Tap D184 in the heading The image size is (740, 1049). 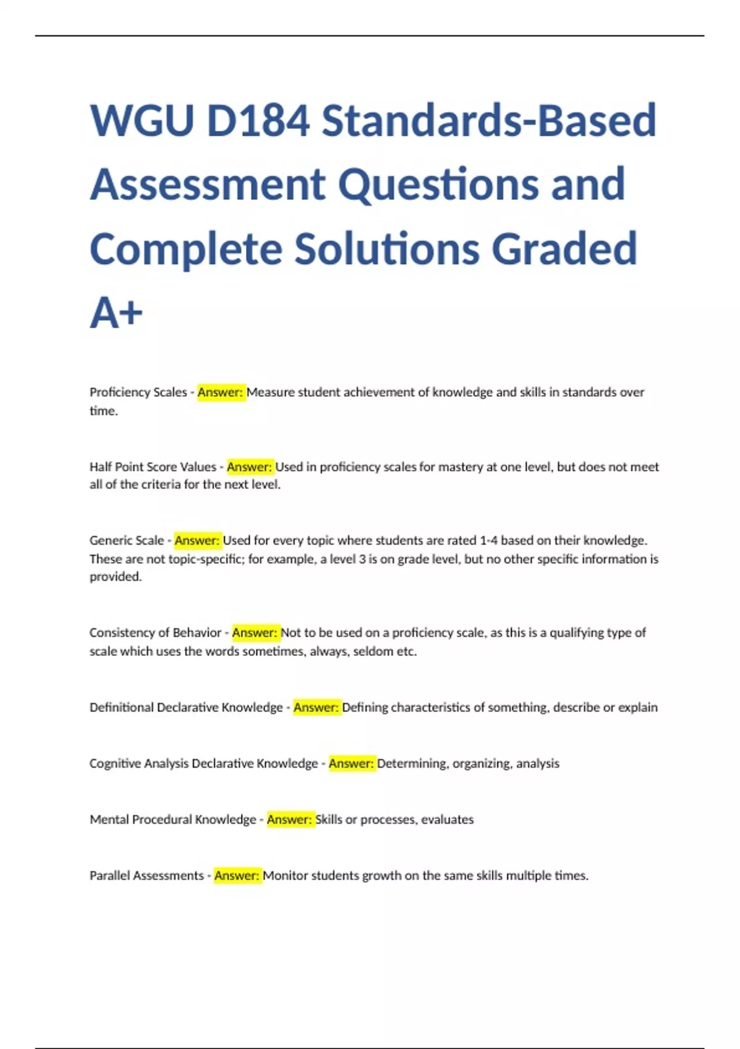258,120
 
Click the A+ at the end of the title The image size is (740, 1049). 116,313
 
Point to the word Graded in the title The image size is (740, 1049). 564,249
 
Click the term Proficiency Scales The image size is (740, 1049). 138,392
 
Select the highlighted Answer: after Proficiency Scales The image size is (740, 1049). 221,392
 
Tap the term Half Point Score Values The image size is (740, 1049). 153,467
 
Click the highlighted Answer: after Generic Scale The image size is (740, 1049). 197,541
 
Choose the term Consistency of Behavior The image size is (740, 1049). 155,633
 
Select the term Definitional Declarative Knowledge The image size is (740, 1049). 186,708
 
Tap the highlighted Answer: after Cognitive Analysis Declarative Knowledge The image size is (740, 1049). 351,764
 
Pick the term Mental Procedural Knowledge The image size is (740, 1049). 173,820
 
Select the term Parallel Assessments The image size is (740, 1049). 147,876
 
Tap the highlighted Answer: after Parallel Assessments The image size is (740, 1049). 237,876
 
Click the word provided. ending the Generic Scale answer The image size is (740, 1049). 115,577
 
